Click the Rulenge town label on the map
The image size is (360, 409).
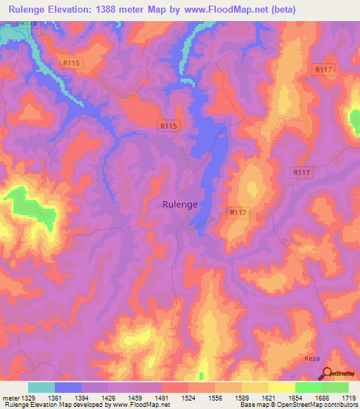pos(180,204)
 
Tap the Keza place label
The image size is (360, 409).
pos(312,358)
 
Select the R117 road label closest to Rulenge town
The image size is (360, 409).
pos(239,212)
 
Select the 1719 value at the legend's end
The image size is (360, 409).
pos(349,397)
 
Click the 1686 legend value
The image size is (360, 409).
pos(322,397)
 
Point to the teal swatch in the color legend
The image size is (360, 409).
pos(41,387)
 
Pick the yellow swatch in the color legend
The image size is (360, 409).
pos(282,387)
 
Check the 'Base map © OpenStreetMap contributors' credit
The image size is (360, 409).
pos(298,405)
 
